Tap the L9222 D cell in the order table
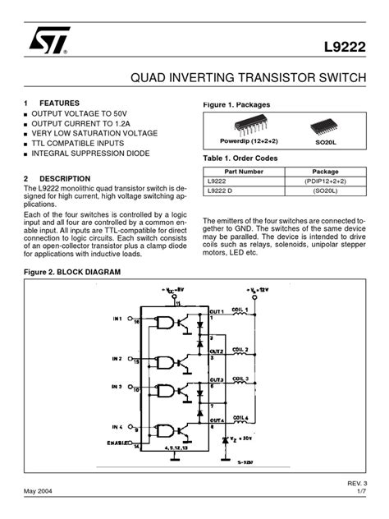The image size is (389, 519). [220, 191]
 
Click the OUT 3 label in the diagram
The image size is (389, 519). [217, 380]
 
